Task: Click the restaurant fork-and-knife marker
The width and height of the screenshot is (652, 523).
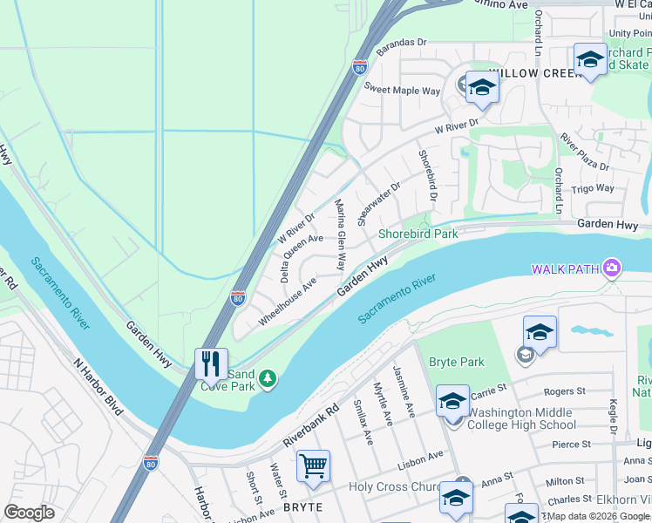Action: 211,365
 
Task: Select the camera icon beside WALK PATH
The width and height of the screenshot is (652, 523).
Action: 612,267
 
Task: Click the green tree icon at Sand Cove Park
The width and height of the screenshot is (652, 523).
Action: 268,377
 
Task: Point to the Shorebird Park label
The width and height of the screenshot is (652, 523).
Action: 418,234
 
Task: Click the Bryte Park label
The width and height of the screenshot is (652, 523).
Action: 456,362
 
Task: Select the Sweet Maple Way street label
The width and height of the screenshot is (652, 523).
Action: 402,90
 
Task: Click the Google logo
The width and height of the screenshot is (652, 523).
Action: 30,513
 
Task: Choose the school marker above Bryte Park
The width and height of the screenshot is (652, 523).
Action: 540,332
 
